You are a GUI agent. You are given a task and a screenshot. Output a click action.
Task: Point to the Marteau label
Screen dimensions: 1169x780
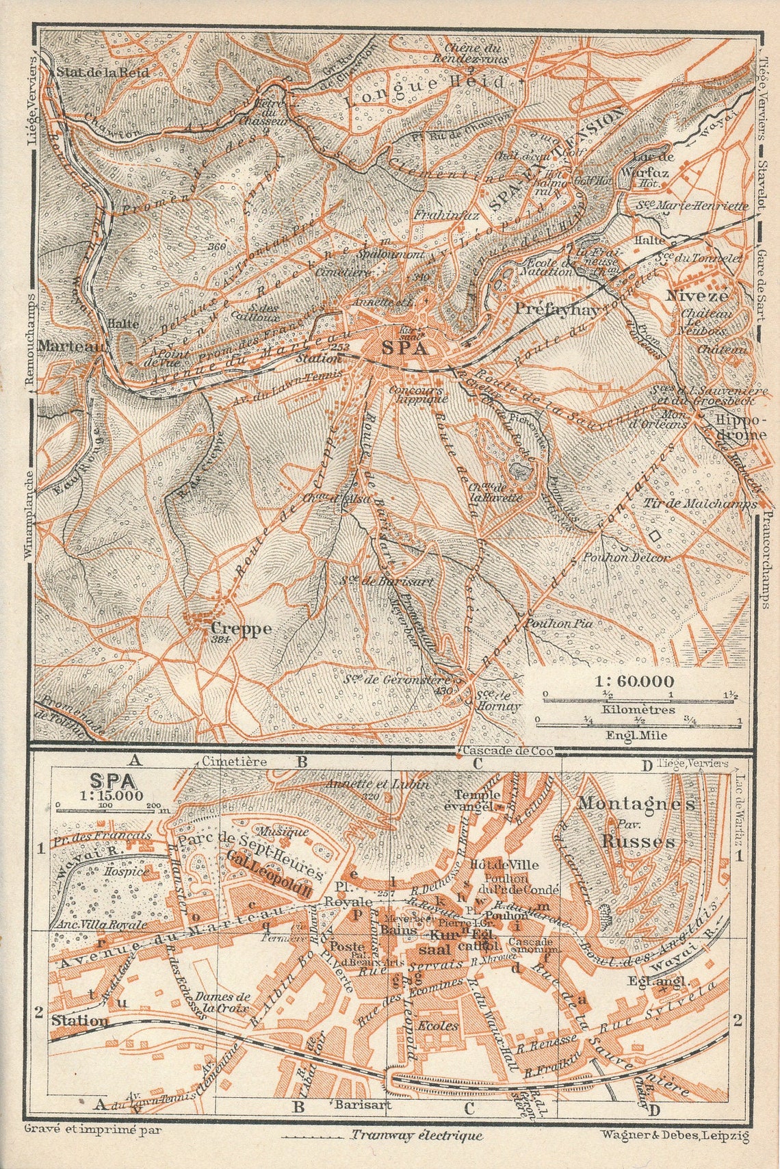tap(72, 346)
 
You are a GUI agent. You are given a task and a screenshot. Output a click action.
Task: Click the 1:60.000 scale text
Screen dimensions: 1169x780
tap(634, 682)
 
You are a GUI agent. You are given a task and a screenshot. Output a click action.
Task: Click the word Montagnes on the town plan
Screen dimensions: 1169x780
tap(636, 804)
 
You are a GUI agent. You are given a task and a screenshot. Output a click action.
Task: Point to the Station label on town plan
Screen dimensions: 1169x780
tap(79, 1020)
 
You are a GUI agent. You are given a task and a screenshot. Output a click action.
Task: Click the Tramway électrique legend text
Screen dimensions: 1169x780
tap(416, 1135)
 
